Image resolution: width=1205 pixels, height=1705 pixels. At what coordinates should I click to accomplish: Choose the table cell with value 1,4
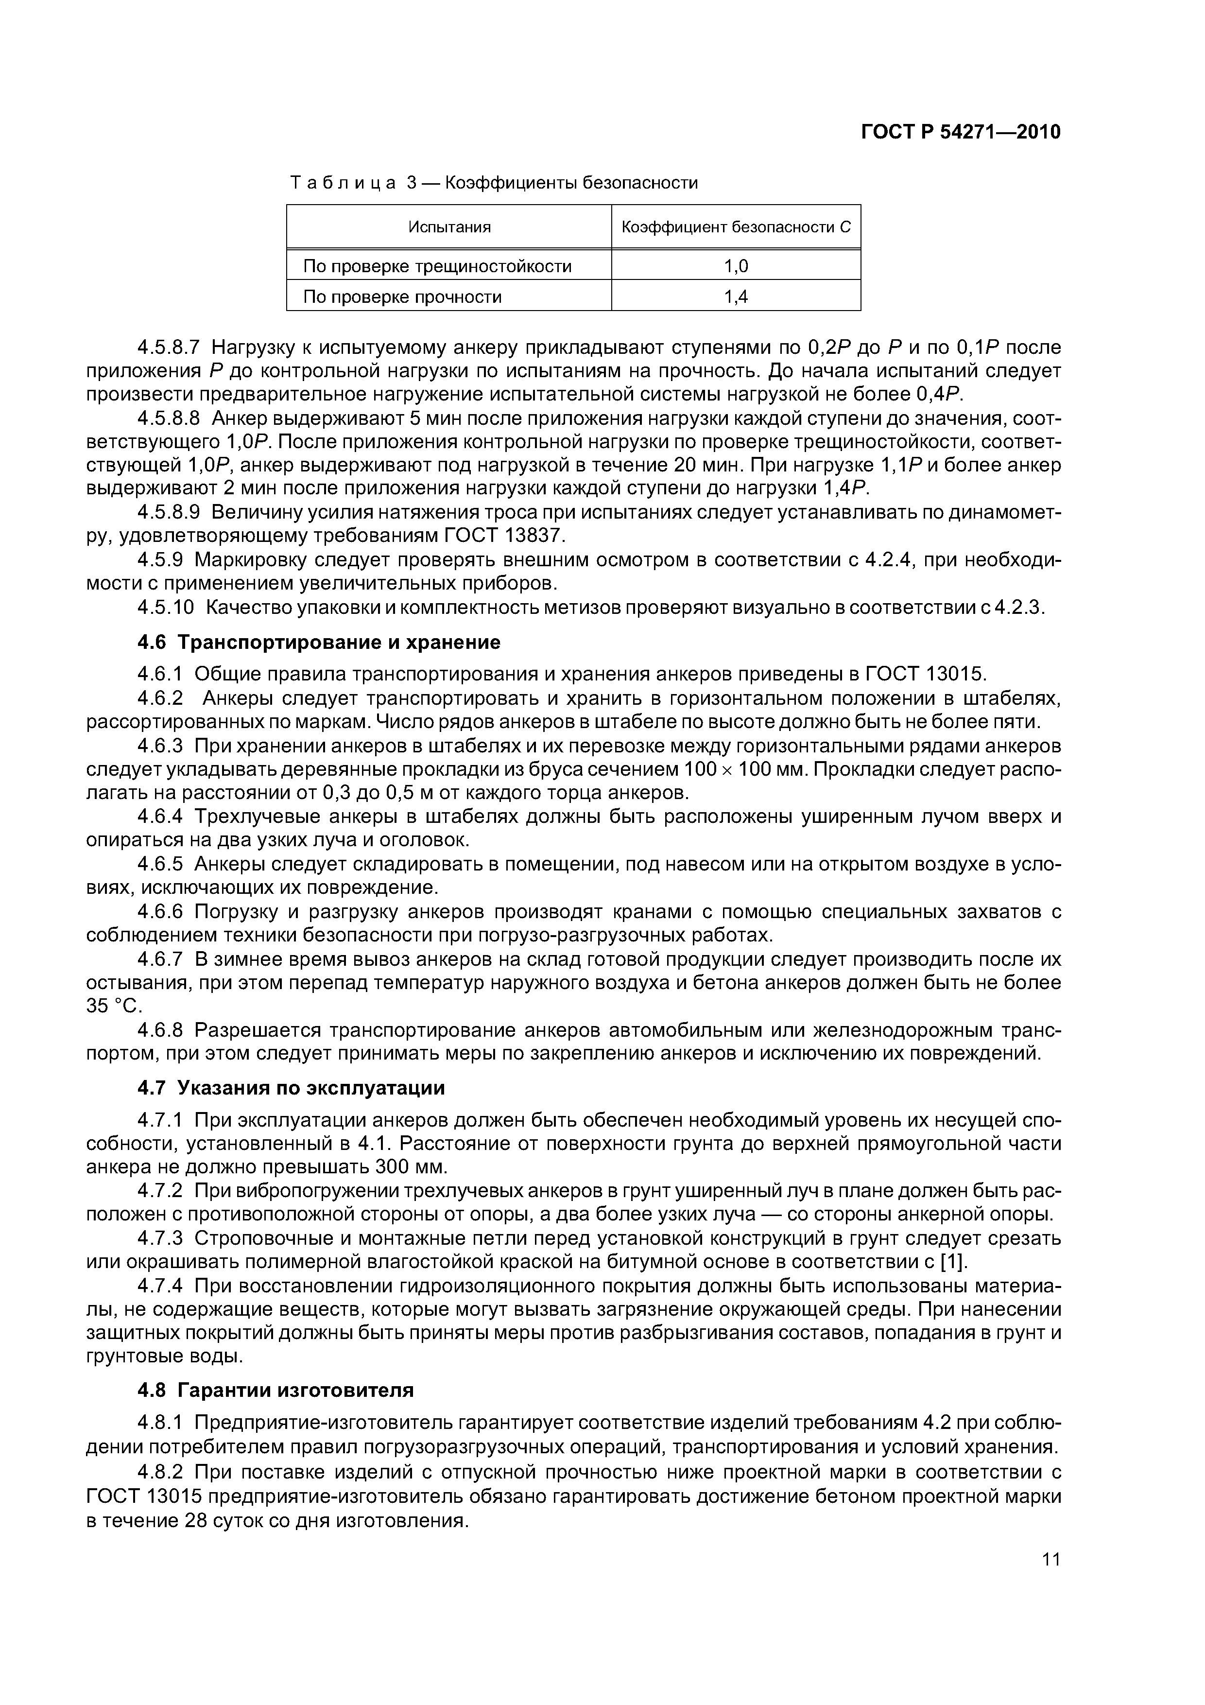click(x=736, y=297)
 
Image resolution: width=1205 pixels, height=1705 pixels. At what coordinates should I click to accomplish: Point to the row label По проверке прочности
click(x=402, y=297)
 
